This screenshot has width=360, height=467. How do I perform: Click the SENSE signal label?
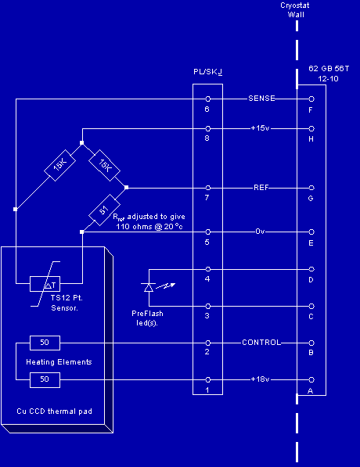261,99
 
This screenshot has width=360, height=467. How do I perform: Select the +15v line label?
260,128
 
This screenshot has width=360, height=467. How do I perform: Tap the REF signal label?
261,187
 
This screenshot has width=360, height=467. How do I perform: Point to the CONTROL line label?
261,342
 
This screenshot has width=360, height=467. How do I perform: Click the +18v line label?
260,379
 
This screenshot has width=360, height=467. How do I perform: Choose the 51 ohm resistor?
104,210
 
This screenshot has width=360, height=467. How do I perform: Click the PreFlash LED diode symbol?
149,287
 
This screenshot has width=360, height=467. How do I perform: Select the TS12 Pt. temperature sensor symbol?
45,284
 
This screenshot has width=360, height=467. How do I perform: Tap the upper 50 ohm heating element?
45,343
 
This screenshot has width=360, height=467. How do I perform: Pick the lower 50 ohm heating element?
45,380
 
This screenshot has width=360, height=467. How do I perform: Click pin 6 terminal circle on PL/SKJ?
208,99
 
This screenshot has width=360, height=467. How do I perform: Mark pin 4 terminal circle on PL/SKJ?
208,269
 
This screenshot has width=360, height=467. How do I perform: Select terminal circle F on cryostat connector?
311,99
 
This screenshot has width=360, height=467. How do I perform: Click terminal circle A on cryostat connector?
311,379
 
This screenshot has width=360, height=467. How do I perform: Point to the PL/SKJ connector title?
207,72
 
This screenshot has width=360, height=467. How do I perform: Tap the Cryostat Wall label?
295,10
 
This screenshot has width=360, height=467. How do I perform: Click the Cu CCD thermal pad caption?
54,411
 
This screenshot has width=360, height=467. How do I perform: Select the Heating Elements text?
59,362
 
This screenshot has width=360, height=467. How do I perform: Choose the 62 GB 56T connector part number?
329,69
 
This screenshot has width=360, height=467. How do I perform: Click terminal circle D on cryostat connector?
311,269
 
